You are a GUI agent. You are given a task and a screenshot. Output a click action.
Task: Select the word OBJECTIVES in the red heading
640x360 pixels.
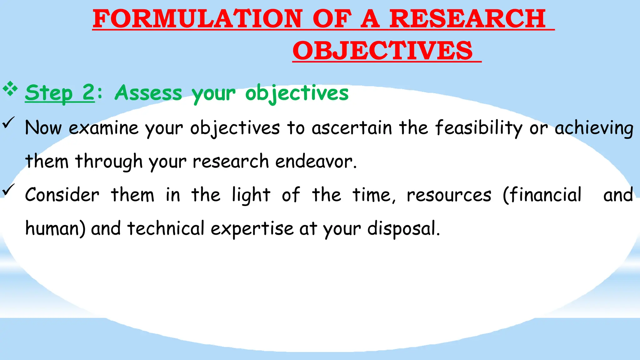coord(382,51)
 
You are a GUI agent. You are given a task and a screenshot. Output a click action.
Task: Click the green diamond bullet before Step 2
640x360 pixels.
coord(10,89)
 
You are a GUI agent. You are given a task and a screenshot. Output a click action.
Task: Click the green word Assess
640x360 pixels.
coord(148,93)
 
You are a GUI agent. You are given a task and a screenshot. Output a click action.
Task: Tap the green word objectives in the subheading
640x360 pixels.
coord(297,93)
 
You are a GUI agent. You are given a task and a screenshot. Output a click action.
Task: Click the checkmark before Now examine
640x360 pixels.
coord(8,122)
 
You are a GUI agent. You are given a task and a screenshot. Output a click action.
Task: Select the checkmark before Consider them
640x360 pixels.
coord(8,189)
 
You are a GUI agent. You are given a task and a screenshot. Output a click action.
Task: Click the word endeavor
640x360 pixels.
coord(316,161)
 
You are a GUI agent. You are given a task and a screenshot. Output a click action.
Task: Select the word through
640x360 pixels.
coord(109,161)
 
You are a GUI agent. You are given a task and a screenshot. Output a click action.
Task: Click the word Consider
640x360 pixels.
coord(62,195)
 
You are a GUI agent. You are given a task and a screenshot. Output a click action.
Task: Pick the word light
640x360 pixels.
coord(251,195)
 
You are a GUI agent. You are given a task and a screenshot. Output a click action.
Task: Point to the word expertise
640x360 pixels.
coord(252,229)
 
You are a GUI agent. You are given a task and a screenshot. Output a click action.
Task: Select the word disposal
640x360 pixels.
coord(403,228)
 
